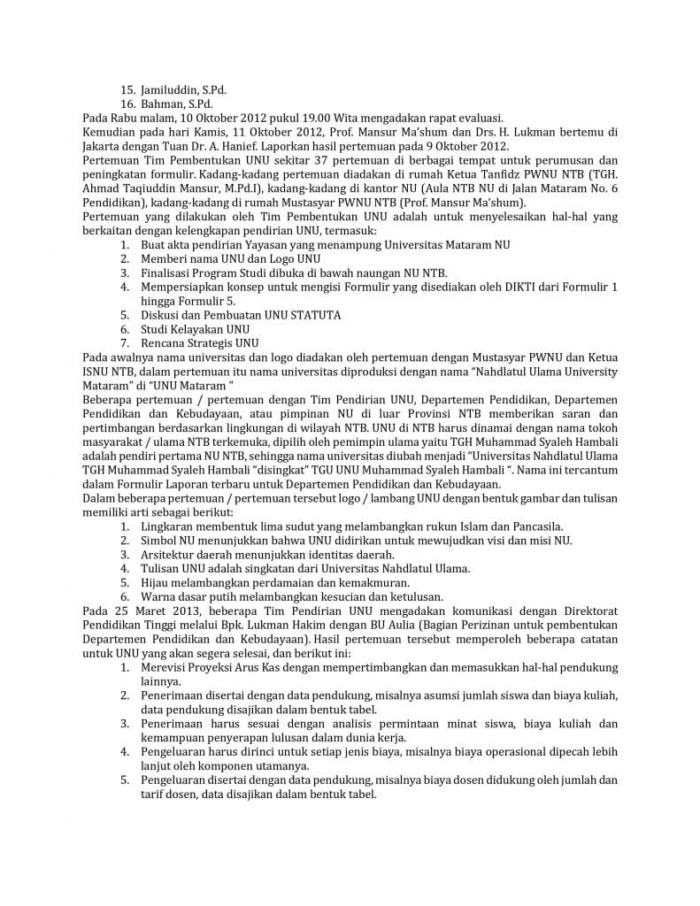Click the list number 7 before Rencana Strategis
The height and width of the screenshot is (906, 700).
[125, 342]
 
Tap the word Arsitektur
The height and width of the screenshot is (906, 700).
[170, 554]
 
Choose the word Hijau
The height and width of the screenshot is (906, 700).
[156, 582]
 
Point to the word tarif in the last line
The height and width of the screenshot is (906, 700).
[155, 795]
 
